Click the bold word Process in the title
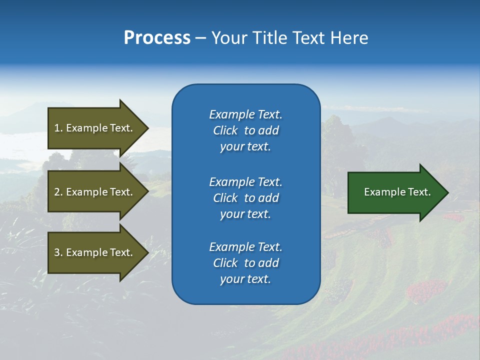click(157, 38)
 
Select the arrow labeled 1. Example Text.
click(93, 128)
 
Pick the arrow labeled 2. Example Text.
click(93, 192)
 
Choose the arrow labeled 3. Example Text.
click(93, 252)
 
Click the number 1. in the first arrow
click(58, 128)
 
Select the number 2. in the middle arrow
click(58, 192)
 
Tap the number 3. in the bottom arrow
click(58, 252)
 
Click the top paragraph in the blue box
click(245, 130)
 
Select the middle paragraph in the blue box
click(245, 198)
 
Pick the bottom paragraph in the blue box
click(245, 263)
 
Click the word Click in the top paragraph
click(225, 130)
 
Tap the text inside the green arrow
click(397, 192)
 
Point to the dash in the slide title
click(200, 38)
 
